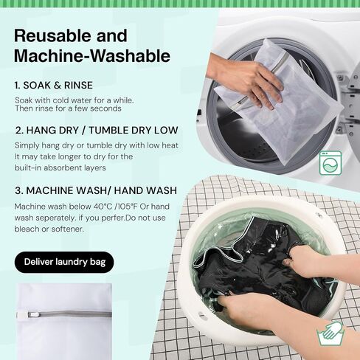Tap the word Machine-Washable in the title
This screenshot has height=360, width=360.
(92, 56)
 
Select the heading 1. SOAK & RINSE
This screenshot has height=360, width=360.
(54, 86)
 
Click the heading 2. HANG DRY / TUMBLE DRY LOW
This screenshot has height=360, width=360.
(97, 131)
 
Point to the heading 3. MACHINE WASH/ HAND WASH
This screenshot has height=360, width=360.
(96, 190)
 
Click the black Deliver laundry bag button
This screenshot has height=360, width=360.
(64, 262)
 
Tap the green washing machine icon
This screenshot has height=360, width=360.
(330, 163)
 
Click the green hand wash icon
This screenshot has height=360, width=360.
(330, 333)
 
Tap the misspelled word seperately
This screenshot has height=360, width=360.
(55, 218)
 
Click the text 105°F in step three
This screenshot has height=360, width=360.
(128, 207)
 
